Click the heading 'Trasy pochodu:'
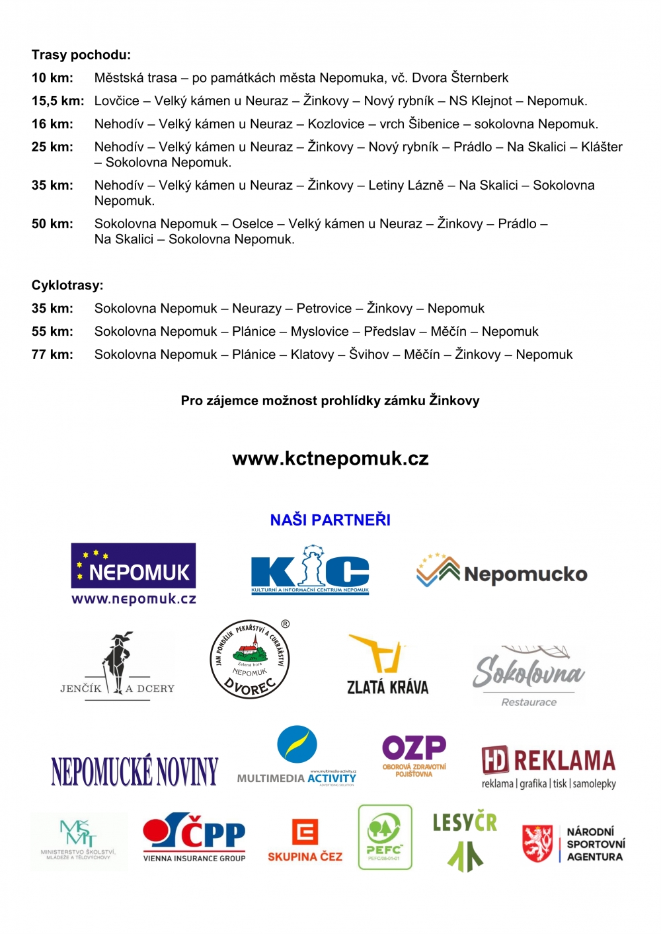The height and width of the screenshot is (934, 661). pyautogui.click(x=81, y=55)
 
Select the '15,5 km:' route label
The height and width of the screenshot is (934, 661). pyautogui.click(x=58, y=101)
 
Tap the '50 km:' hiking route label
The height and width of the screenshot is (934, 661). pyautogui.click(x=52, y=224)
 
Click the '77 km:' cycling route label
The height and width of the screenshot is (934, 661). pyautogui.click(x=52, y=355)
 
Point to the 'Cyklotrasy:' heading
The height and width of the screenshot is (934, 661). pyautogui.click(x=67, y=286)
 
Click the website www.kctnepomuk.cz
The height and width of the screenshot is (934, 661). pyautogui.click(x=330, y=459)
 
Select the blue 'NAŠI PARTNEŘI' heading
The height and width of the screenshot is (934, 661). pyautogui.click(x=330, y=520)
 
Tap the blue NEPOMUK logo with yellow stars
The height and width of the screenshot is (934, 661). pyautogui.click(x=134, y=566)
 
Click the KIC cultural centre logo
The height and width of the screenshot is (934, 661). pyautogui.click(x=310, y=570)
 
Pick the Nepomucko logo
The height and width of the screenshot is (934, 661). pyautogui.click(x=502, y=572)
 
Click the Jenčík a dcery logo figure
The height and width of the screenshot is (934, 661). pyautogui.click(x=118, y=664)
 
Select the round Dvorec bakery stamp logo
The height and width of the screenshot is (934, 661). pyautogui.click(x=250, y=660)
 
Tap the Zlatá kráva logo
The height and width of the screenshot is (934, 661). pyautogui.click(x=387, y=665)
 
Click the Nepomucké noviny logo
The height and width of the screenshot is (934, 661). pyautogui.click(x=134, y=771)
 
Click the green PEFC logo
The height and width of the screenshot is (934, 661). pyautogui.click(x=385, y=837)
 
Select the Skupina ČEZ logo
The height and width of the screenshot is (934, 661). pyautogui.click(x=305, y=840)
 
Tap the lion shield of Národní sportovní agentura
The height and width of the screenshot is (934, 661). pyautogui.click(x=537, y=843)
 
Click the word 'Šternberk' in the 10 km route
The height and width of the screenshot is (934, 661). pyautogui.click(x=480, y=78)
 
